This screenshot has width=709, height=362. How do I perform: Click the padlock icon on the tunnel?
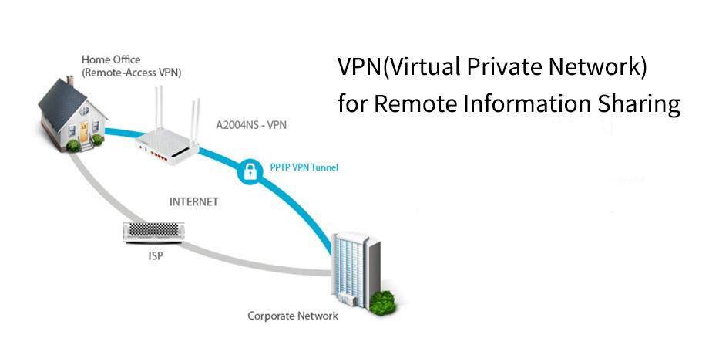click(249, 171)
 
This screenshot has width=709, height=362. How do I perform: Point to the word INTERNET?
click(193, 201)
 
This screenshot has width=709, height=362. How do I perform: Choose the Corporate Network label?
click(292, 316)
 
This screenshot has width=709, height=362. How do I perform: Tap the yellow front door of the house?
click(83, 132)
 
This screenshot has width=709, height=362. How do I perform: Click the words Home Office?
click(112, 59)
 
